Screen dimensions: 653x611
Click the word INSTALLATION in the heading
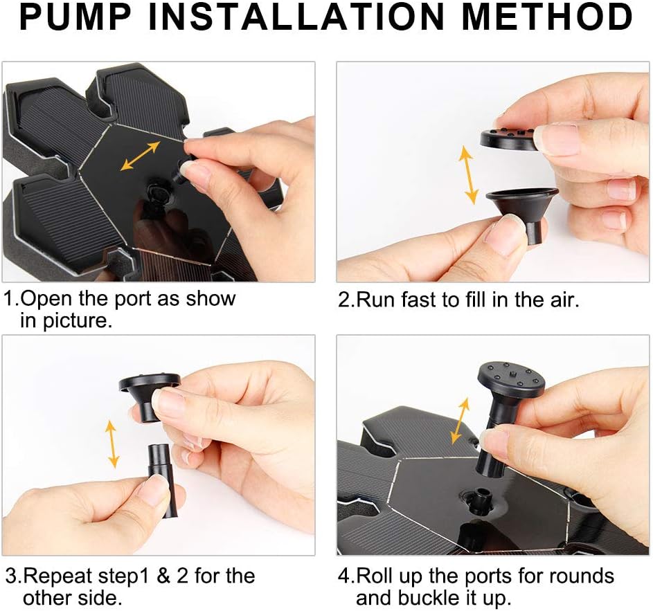point(296,17)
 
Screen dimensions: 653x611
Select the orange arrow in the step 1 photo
point(141,156)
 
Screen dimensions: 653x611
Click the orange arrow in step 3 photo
point(111,444)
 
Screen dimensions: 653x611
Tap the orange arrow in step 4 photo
point(460,421)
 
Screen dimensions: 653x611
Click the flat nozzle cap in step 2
point(509,138)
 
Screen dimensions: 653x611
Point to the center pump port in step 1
point(155,193)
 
